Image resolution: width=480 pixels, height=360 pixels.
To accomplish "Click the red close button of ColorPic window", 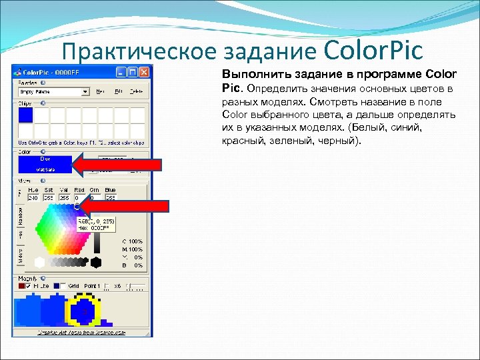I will pyautogui.click(x=145, y=72).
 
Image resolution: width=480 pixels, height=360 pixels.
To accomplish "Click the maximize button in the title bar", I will pyautogui.click(x=133, y=72).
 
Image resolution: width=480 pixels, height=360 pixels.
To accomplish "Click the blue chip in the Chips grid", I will pyautogui.click(x=25, y=115).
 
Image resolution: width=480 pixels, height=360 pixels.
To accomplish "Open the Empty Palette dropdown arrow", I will pyautogui.click(x=85, y=91).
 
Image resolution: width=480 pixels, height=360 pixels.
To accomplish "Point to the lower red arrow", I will pyautogui.click(x=137, y=205).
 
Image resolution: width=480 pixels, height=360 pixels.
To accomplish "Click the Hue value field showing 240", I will pyautogui.click(x=33, y=198).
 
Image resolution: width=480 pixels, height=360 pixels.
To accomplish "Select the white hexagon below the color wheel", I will pyautogui.click(x=41, y=263).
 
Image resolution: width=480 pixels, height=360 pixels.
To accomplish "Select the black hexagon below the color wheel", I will pyautogui.click(x=96, y=263).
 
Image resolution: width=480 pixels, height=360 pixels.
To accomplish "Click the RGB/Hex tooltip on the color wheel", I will pyautogui.click(x=96, y=223).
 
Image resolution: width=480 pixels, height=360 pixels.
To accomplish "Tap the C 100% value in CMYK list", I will pyautogui.click(x=132, y=241).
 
